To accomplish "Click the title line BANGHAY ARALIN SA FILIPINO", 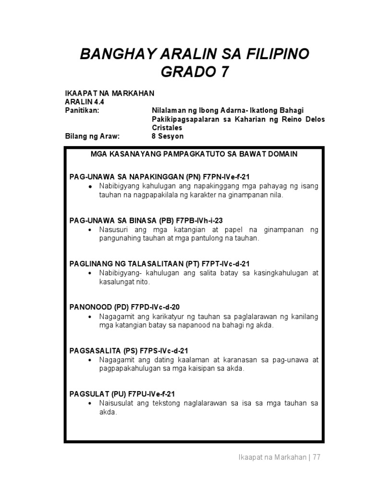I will click(x=194, y=54).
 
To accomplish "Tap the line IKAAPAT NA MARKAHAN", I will click(x=110, y=93).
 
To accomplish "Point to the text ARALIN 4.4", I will click(x=85, y=102).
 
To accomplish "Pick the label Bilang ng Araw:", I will click(x=91, y=136).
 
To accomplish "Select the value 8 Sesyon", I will click(x=167, y=136).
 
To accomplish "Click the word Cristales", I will click(x=167, y=128).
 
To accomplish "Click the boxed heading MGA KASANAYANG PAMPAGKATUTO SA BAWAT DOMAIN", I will click(x=194, y=154).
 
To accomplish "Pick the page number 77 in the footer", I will click(x=316, y=457).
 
